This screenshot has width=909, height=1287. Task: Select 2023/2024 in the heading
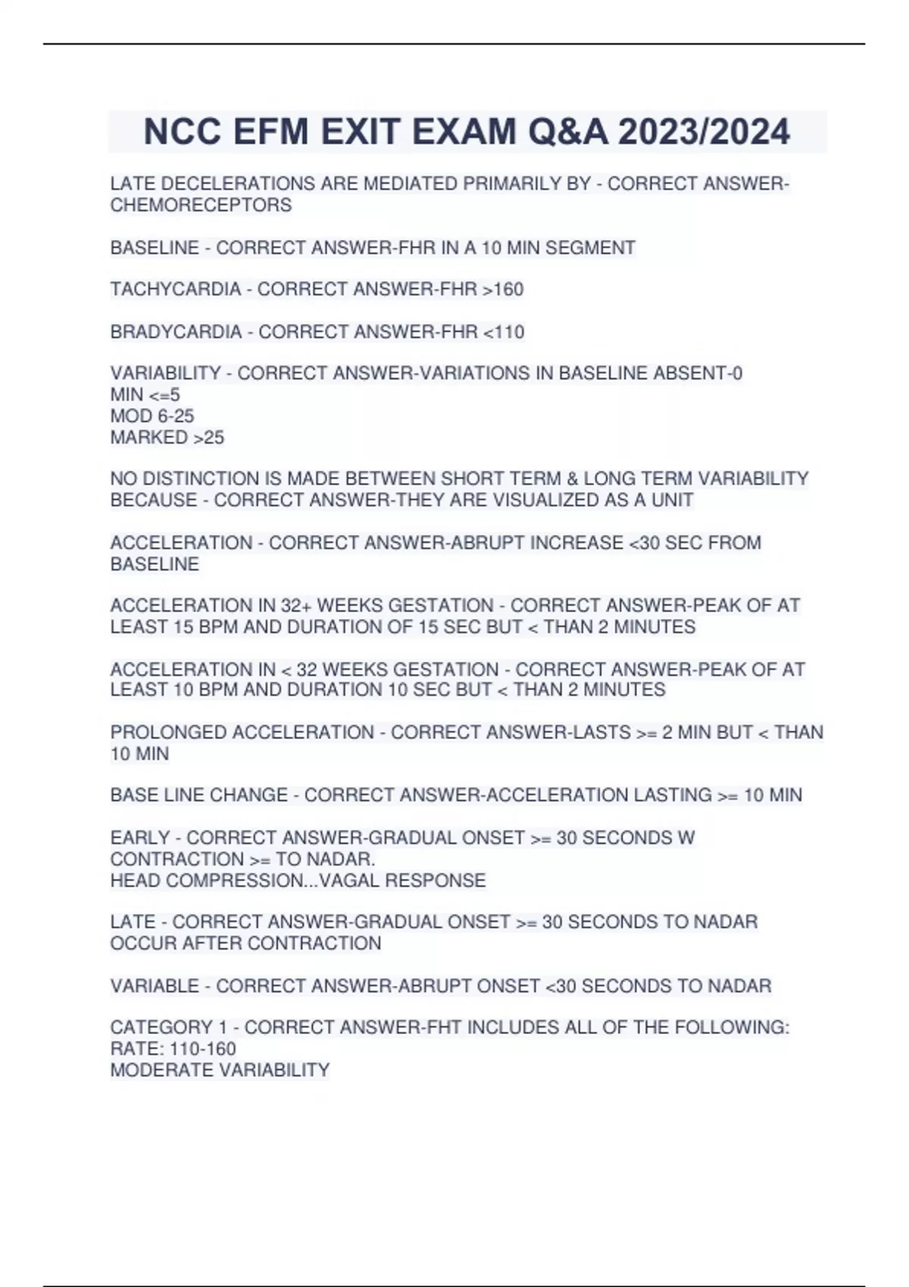coord(704,132)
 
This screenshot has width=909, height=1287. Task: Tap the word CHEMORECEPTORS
coord(201,205)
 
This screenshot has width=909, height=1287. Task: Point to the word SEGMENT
coord(596,248)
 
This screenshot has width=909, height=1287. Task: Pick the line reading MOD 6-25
coord(152,416)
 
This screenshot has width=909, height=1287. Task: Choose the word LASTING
coord(673,795)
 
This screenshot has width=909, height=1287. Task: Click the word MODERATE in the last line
coord(161,1070)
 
